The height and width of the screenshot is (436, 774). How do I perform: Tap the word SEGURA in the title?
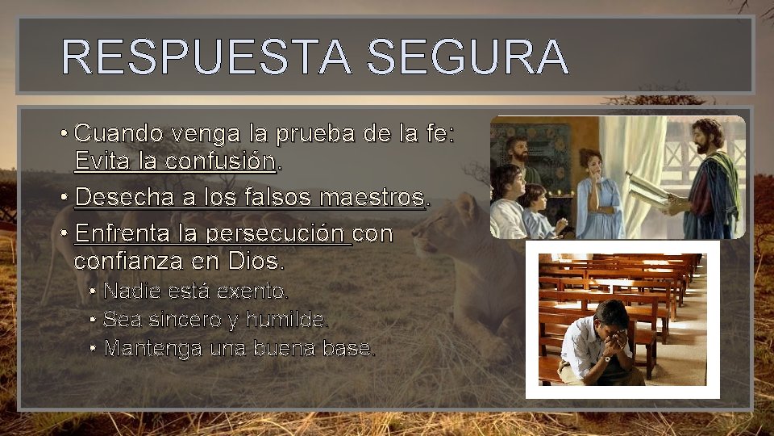(468, 57)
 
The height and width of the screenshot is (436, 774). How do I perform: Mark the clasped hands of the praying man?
(614, 344)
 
